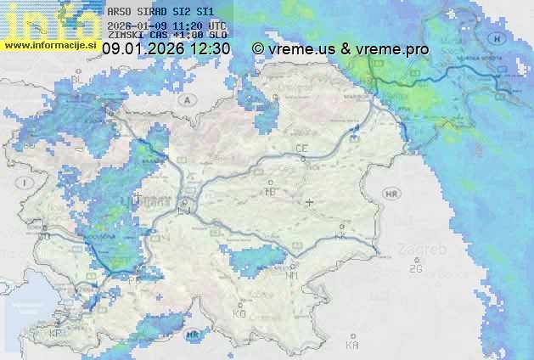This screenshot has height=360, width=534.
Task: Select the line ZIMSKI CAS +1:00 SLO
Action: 167,36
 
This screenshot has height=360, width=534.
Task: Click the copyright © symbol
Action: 258,50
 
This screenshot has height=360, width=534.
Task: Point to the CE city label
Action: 301,149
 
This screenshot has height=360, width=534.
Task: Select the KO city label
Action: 239,313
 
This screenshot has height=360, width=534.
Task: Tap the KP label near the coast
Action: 56,333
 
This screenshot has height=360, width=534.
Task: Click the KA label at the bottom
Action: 352,346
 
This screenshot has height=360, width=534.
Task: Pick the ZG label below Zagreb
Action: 416,269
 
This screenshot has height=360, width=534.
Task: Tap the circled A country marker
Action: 184,99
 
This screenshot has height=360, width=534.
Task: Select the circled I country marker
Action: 26,183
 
